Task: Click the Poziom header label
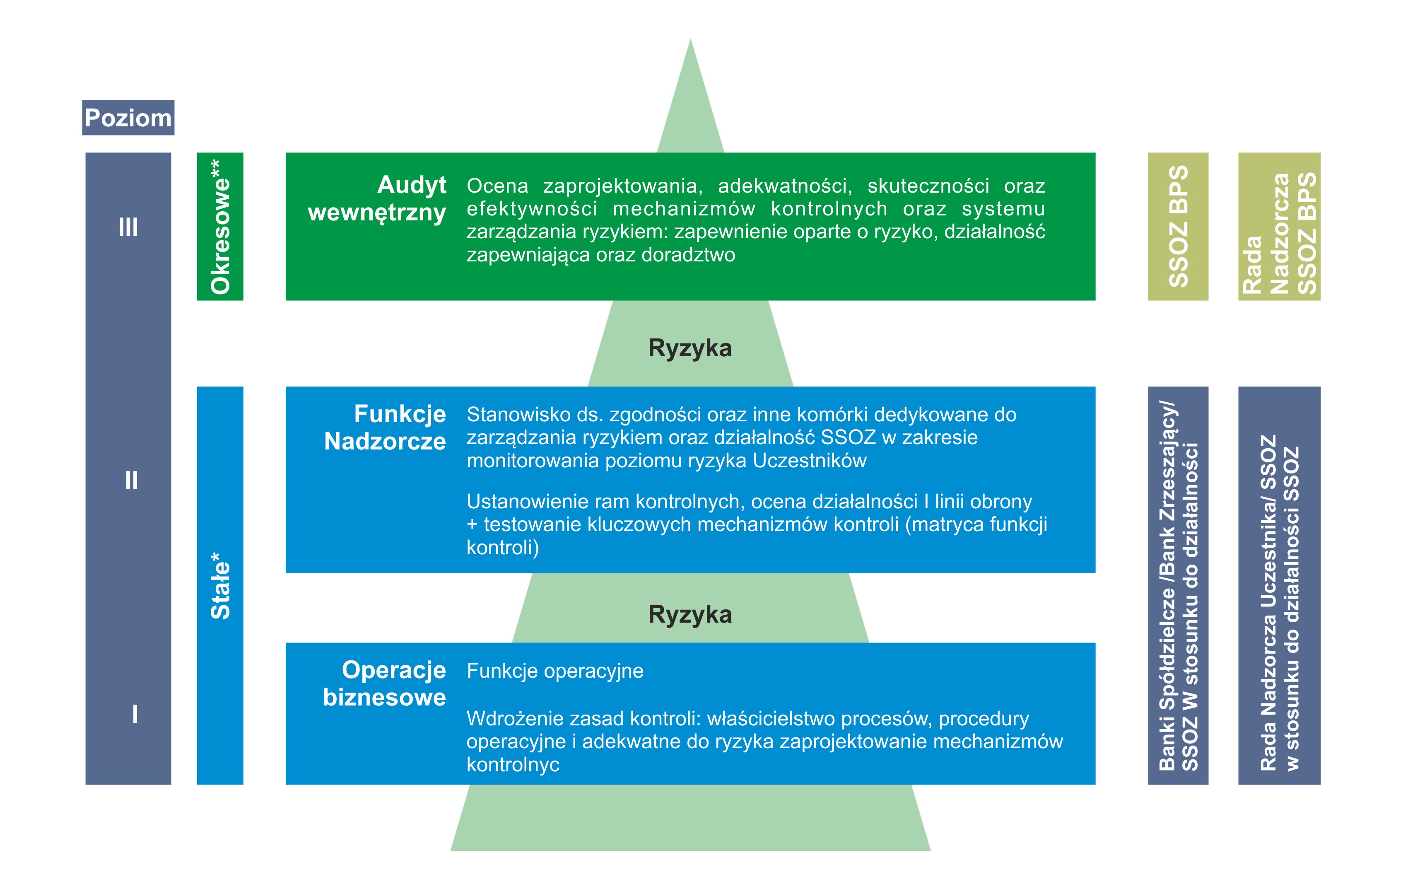point(128,118)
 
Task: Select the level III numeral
point(128,227)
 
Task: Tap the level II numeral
point(131,481)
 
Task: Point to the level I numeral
point(135,713)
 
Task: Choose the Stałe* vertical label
point(220,585)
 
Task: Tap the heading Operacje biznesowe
point(385,683)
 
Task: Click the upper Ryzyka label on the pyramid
point(690,348)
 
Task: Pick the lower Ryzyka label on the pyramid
point(690,614)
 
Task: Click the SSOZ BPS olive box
point(1178,227)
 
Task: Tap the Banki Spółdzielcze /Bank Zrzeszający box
point(1178,585)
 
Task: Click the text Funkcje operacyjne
point(554,671)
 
